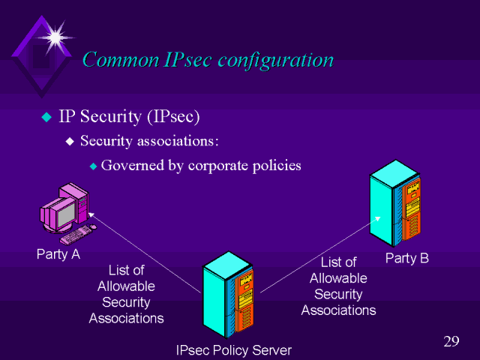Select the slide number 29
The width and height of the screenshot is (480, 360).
pos(451,342)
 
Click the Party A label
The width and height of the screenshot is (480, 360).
pos(58,254)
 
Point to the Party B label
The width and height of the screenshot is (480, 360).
pos(406,259)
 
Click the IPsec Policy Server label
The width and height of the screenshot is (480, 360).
pos(232,350)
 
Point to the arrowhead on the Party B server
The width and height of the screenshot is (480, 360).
pos(379,219)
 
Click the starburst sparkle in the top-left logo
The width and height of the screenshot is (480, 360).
pos(54,34)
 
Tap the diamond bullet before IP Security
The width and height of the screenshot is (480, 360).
pos(46,117)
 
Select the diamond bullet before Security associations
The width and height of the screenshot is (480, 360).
pos(70,141)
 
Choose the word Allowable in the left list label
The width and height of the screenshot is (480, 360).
pos(126,286)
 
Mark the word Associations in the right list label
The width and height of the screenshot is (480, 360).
pos(338,310)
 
